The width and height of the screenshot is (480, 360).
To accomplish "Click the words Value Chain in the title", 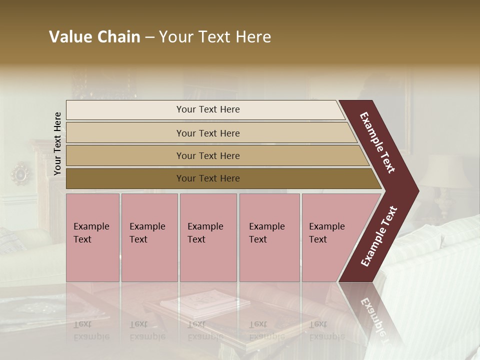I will click(94, 37).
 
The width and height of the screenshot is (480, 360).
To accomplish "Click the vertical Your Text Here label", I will click(57, 144).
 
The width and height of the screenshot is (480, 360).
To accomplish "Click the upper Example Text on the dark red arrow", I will click(377, 142).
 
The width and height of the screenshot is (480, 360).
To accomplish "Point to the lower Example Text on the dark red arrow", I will click(379, 236).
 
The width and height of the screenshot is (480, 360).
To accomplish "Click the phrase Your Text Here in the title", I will click(215, 37).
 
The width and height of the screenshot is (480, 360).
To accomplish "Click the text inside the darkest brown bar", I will click(208, 178).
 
